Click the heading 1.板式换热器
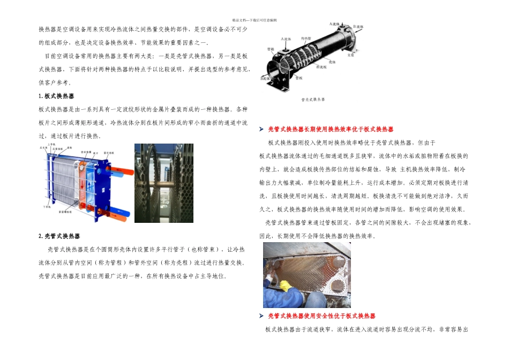56,96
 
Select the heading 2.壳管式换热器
59,236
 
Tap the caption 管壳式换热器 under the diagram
313,100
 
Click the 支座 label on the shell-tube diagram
351,55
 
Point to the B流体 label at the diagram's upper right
358,26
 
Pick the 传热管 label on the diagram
306,39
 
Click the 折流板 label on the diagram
321,67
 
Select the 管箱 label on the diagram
271,49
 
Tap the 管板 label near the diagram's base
299,78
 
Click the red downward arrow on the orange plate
82,185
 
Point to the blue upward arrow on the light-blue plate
89,185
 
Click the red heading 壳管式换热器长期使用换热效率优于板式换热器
331,130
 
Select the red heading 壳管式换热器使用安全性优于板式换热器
321,316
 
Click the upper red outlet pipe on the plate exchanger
124,171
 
